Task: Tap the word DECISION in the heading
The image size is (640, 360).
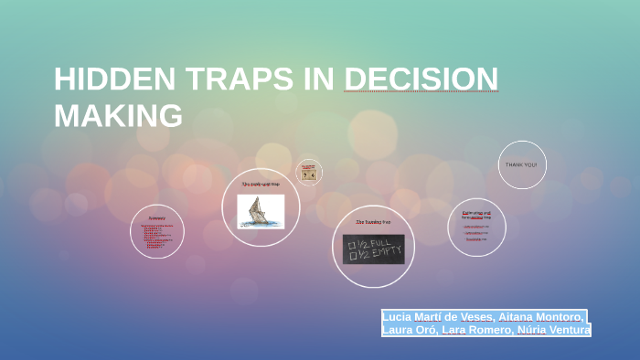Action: pos(421,80)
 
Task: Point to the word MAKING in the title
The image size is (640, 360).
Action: pos(118,116)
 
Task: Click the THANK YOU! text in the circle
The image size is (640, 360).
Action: pos(522,164)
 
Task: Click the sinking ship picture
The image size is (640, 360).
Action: pos(261,211)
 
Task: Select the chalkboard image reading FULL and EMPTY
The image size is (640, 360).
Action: pos(373,249)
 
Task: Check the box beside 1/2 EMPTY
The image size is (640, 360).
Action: pos(350,256)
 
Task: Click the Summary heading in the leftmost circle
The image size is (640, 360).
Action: pos(156,218)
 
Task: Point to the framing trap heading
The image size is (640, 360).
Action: pos(373,222)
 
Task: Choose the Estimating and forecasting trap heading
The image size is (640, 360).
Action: pos(476,216)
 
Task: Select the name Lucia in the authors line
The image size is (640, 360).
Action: pos(401,316)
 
